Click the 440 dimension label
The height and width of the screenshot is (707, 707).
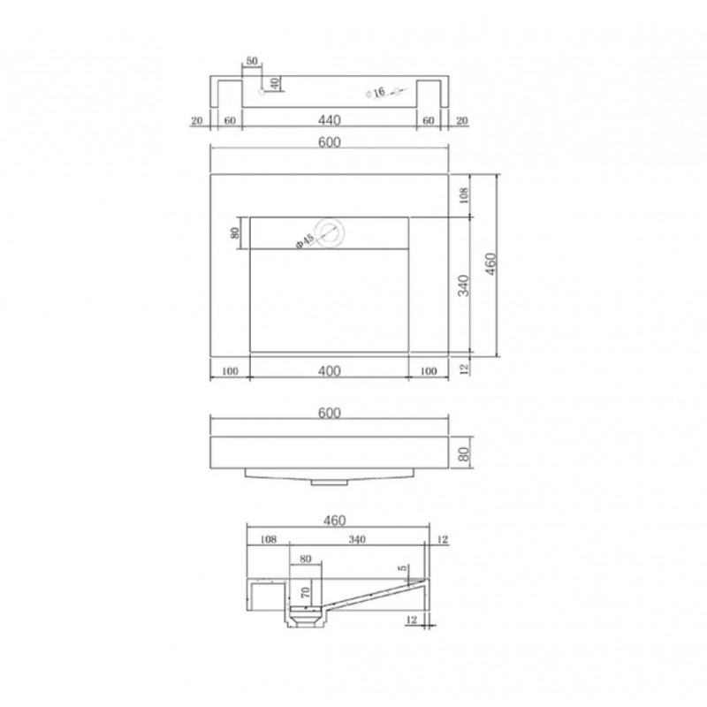tap(329, 120)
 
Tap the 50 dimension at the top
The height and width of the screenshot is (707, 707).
tap(252, 61)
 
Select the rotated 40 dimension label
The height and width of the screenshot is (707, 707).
tap(275, 83)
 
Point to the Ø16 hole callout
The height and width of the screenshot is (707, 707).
tap(376, 93)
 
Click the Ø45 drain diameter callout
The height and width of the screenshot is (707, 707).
tap(305, 240)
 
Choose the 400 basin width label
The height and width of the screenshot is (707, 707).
tap(329, 371)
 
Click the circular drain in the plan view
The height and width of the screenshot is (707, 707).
tap(331, 232)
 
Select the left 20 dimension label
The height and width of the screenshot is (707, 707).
tap(197, 121)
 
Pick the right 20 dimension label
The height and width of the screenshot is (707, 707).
tap(462, 121)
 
